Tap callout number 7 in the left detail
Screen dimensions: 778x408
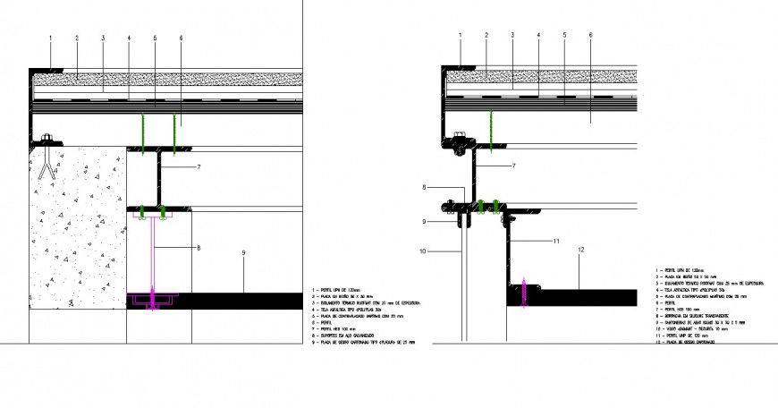click(199, 167)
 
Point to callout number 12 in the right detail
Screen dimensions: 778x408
click(580, 250)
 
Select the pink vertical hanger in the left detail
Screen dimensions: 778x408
click(155, 259)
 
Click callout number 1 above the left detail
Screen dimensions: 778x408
click(51, 38)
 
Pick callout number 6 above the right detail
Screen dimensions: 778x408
click(591, 35)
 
